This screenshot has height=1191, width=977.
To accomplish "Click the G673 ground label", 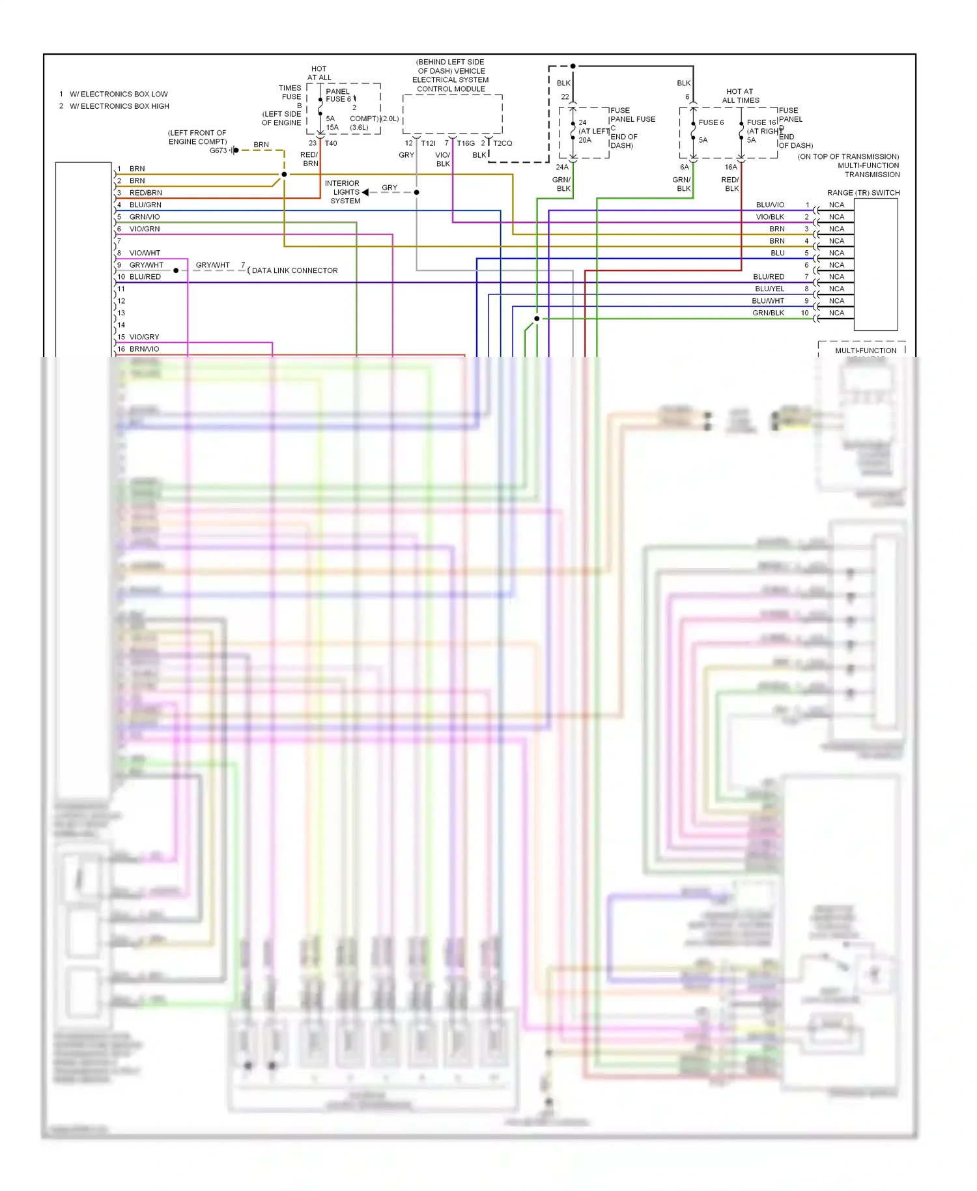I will tap(218, 151).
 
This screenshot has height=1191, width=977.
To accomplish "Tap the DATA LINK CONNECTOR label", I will tap(294, 270).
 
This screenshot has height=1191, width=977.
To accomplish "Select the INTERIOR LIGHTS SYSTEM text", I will tap(343, 192).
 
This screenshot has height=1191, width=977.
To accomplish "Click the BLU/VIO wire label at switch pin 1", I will tap(770, 205).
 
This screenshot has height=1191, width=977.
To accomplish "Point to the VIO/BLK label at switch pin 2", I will tap(770, 217).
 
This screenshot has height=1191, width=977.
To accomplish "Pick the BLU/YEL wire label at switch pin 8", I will tap(769, 289).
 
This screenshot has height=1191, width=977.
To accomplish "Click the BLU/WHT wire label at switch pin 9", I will tap(768, 301).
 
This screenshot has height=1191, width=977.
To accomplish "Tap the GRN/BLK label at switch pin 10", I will tap(768, 313).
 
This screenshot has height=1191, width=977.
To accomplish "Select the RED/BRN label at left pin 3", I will tap(145, 193).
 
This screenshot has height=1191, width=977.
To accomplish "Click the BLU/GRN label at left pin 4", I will tap(145, 205).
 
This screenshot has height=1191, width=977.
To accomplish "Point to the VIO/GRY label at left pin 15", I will tap(144, 337).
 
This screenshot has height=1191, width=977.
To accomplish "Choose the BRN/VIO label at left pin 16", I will tap(144, 349).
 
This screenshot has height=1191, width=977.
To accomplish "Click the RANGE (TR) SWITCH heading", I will tap(863, 193).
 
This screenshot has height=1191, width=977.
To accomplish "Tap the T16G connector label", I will tap(466, 143).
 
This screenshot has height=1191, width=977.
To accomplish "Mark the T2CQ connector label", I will tap(502, 143).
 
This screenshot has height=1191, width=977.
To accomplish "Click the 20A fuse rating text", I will tap(585, 140).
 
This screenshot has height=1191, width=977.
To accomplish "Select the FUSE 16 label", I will tap(761, 122).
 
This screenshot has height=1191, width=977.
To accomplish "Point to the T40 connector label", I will tap(331, 143).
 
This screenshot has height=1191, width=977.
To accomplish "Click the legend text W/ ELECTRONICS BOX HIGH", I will tap(119, 106).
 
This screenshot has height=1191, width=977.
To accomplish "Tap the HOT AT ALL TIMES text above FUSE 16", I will tap(740, 96).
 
